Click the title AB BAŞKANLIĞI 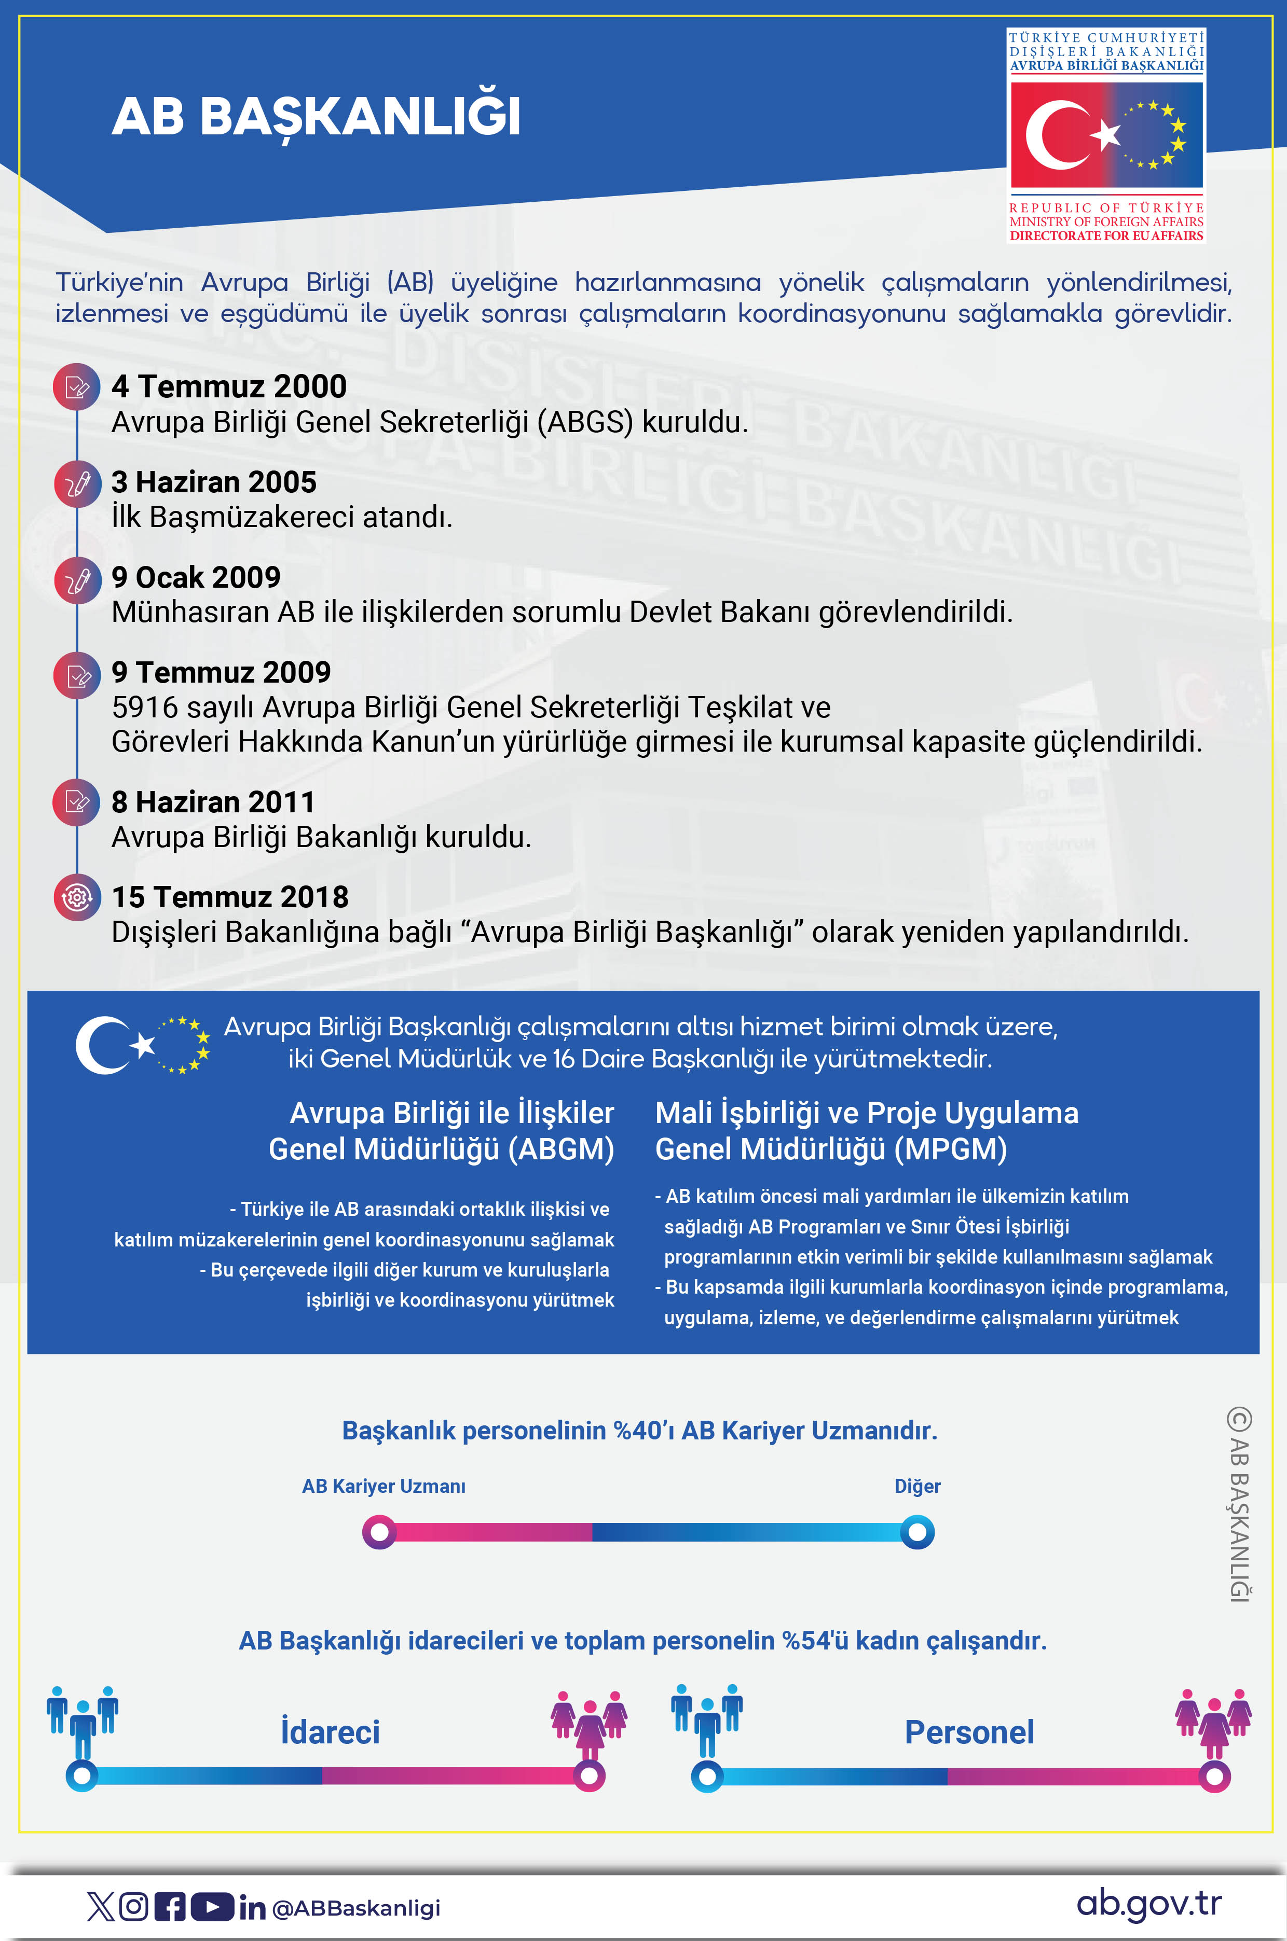click(316, 117)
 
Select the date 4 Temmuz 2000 click(229, 386)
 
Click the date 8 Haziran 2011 click(213, 802)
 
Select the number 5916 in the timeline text click(144, 707)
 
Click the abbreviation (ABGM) click(560, 1149)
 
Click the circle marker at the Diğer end click(917, 1532)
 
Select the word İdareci click(330, 1732)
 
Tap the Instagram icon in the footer click(134, 1907)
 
